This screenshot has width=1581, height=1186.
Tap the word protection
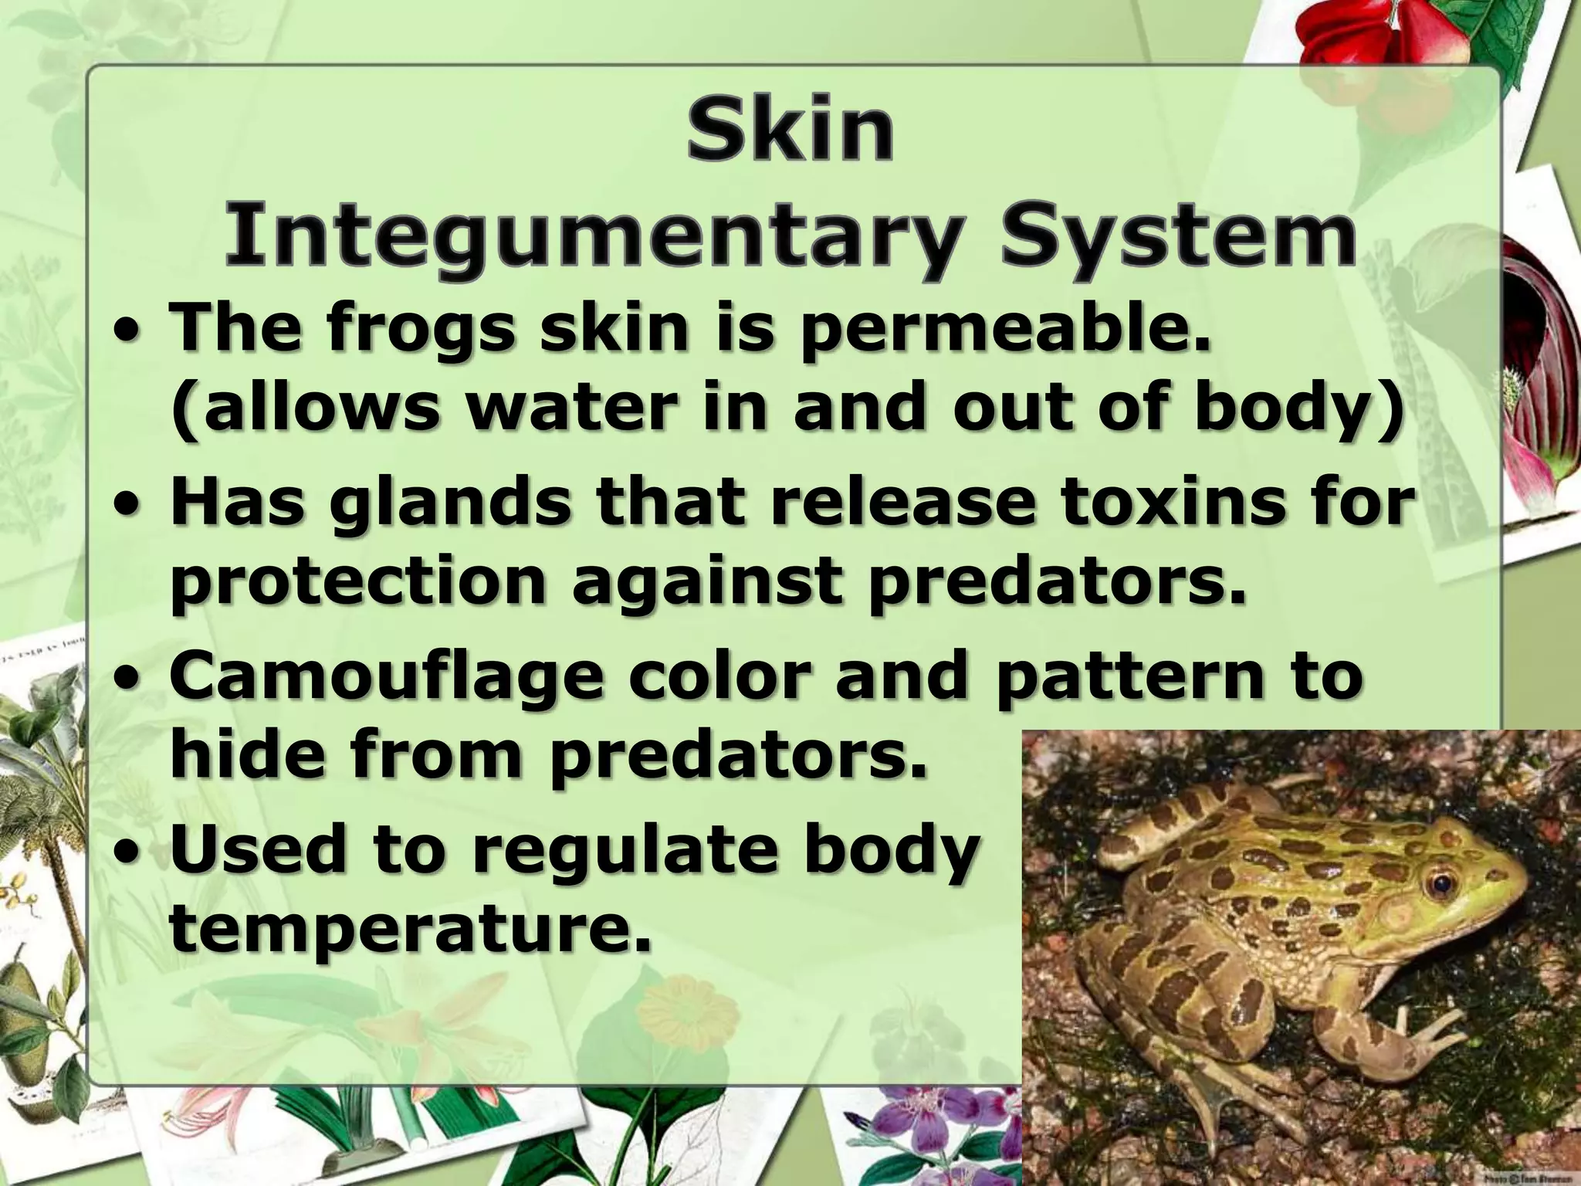(357, 585)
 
